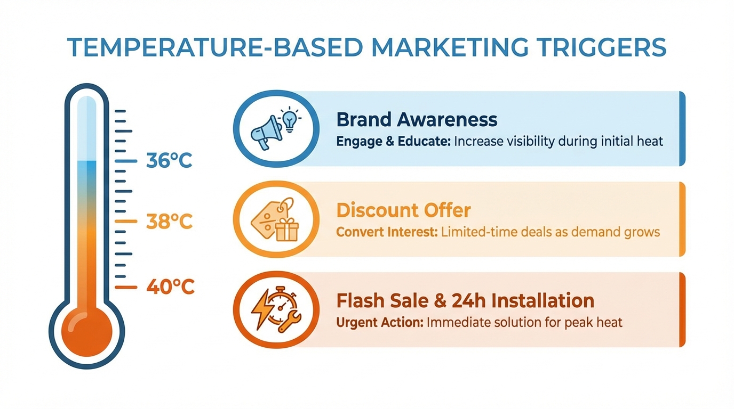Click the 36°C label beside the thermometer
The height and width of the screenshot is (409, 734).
tap(169, 160)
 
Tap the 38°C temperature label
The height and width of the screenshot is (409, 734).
tap(169, 221)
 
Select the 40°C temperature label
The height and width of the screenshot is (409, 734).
tap(170, 287)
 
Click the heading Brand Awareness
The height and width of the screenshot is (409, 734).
tap(417, 120)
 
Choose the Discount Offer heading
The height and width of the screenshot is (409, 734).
tap(403, 210)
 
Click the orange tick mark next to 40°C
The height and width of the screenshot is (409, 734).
tap(126, 287)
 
